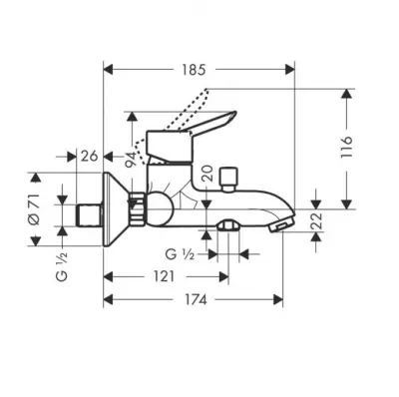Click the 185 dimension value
pyautogui.click(x=195, y=70)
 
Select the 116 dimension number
pyautogui.click(x=346, y=148)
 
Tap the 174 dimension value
pyautogui.click(x=195, y=300)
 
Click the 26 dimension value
pyautogui.click(x=90, y=156)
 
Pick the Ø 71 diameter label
pyautogui.click(x=35, y=209)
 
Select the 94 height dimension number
pyautogui.click(x=131, y=160)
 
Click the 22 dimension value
pyautogui.click(x=318, y=220)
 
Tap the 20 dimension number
pyautogui.click(x=208, y=174)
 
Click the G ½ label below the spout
pyautogui.click(x=180, y=254)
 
